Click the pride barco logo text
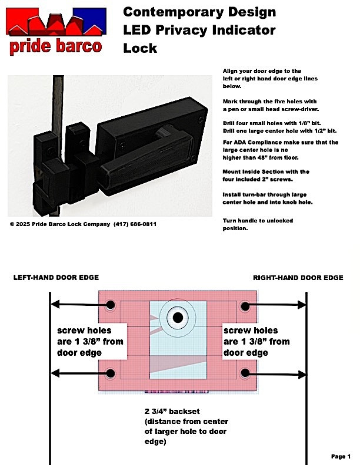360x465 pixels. [55, 46]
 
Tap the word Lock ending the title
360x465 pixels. [140, 48]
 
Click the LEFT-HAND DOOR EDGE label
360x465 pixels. [56, 277]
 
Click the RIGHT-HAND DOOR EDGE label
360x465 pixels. [298, 277]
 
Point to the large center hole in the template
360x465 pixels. [177, 317]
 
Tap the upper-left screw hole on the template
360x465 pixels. [110, 305]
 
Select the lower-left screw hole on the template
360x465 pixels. [110, 373]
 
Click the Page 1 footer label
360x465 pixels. [341, 456]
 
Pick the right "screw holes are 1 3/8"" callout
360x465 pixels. [256, 341]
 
